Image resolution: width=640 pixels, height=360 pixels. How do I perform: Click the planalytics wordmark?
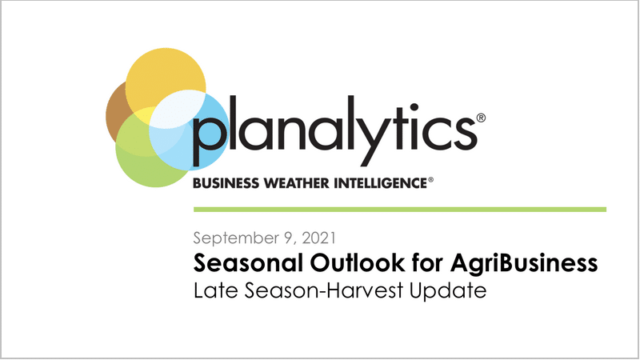pos(334,130)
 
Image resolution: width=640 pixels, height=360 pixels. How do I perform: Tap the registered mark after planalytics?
pos(481,118)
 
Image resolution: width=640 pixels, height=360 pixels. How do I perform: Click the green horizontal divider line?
pos(400,210)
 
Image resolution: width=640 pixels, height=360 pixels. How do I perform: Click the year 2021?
pos(318,238)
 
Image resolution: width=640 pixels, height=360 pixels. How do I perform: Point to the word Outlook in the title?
pos(357,262)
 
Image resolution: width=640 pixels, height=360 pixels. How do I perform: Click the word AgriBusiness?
pos(524,263)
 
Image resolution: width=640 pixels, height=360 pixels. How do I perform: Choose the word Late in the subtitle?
pos(215,290)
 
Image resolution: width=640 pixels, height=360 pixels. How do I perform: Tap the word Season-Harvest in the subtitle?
pos(325,290)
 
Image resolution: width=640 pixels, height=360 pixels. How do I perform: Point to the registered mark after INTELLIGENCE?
pos(430,179)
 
